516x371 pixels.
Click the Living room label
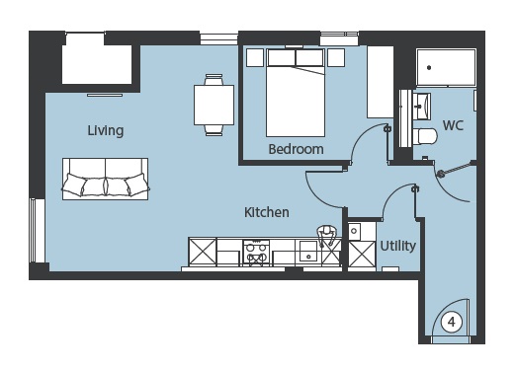[106, 130]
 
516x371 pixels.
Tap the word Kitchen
[267, 212]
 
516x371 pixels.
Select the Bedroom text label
[296, 149]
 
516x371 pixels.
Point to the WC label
[453, 125]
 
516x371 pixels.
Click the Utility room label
[398, 246]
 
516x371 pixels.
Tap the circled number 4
[452, 322]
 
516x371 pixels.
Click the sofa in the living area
[106, 179]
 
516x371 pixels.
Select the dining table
[214, 105]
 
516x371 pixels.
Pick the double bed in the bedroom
[296, 93]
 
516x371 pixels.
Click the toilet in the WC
[425, 136]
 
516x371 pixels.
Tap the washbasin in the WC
[422, 107]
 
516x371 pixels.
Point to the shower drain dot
[429, 68]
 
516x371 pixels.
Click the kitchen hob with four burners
[256, 253]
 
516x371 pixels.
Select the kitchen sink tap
[326, 235]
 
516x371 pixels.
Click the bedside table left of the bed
[255, 58]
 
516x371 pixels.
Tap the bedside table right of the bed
[336, 58]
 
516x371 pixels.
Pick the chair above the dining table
[214, 79]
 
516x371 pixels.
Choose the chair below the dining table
[214, 130]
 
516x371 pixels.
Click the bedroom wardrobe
[381, 82]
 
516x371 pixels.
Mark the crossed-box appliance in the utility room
[362, 254]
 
